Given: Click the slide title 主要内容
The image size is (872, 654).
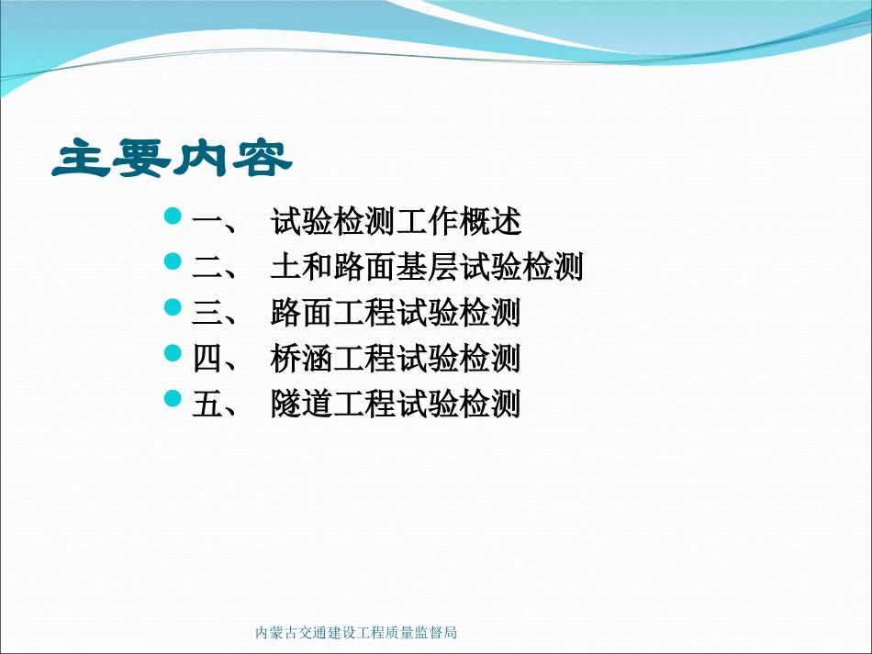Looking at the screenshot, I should pyautogui.click(x=172, y=159).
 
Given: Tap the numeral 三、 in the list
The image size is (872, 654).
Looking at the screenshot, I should pyautogui.click(x=217, y=313).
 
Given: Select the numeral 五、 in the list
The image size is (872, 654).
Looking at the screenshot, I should pyautogui.click(x=217, y=404).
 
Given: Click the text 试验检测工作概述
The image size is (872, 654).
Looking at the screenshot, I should pyautogui.click(x=396, y=222).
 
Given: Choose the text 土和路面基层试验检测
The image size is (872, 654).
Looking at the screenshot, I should pyautogui.click(x=427, y=267).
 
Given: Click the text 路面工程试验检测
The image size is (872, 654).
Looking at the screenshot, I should pyautogui.click(x=396, y=313).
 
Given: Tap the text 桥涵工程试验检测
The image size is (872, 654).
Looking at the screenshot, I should pyautogui.click(x=396, y=358).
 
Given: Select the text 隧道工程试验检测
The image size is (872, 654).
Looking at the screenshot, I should pyautogui.click(x=396, y=404).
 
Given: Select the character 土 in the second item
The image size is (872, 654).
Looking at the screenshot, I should pyautogui.click(x=285, y=267).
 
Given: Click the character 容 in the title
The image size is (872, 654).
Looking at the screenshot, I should pyautogui.click(x=263, y=159).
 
